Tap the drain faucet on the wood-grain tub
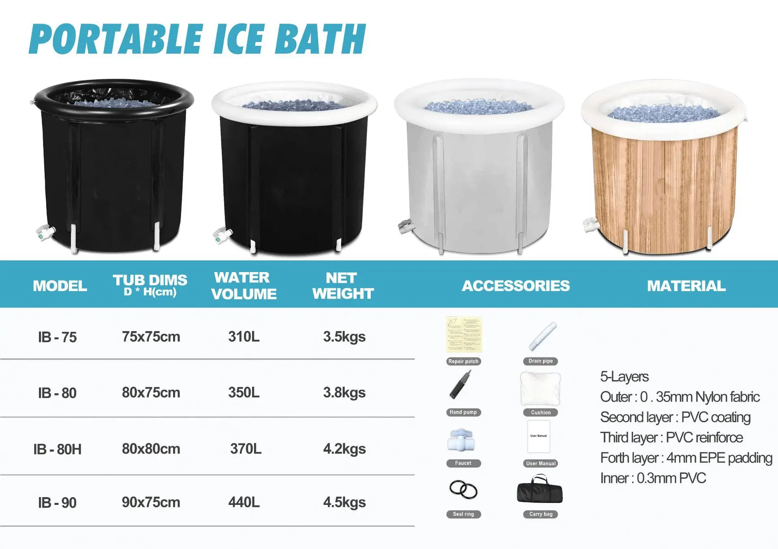click(590, 224)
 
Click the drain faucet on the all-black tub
click(46, 232)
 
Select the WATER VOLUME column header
click(244, 286)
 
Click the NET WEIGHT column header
click(343, 286)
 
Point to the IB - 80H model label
click(58, 449)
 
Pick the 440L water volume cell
click(244, 502)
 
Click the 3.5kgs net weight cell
click(344, 337)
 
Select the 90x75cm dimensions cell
click(151, 502)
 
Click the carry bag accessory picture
click(540, 490)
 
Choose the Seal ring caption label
click(463, 514)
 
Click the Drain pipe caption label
click(541, 361)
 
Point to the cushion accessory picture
click(540, 389)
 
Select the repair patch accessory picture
click(464, 335)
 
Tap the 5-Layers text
click(624, 377)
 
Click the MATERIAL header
click(686, 286)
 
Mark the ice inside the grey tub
click(478, 107)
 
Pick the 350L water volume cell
click(244, 393)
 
